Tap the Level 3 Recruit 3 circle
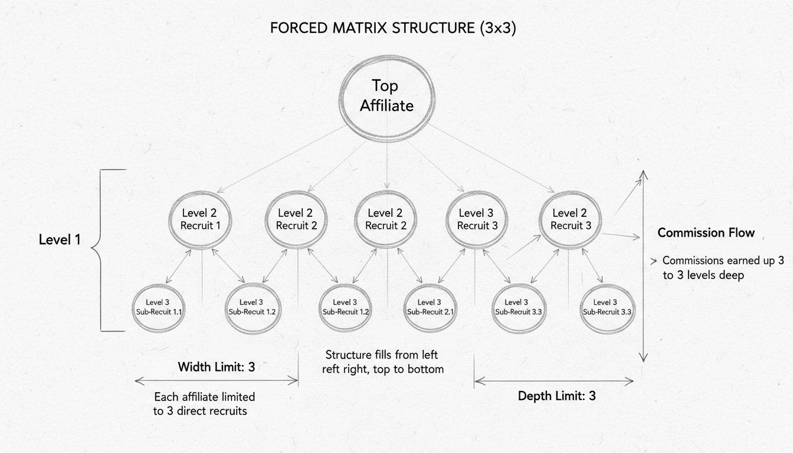[477, 219]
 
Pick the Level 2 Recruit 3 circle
[571, 219]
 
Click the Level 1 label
[59, 240]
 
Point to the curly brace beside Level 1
[105, 250]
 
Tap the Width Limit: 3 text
[216, 367]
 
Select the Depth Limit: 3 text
[556, 396]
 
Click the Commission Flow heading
[706, 232]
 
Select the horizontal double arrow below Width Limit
[216, 382]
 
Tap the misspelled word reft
[333, 369]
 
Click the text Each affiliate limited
[204, 396]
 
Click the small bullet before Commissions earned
[653, 260]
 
